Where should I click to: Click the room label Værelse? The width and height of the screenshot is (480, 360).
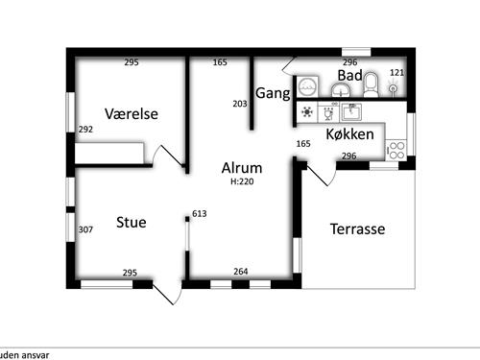[132, 114]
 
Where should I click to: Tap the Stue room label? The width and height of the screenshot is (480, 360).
[132, 223]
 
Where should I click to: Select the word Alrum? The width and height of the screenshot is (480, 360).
[241, 167]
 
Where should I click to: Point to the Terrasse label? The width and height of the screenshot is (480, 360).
[357, 229]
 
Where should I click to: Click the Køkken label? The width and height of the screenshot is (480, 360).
[349, 134]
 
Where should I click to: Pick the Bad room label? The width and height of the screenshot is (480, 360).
[349, 75]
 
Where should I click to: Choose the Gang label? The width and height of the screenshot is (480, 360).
[274, 93]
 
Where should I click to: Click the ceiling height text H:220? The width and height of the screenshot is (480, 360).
[241, 180]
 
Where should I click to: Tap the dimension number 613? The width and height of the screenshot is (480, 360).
[200, 214]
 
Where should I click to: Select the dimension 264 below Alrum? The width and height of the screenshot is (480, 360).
[241, 272]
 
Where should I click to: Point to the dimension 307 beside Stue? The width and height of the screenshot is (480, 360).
[85, 229]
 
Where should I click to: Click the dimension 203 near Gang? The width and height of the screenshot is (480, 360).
[240, 104]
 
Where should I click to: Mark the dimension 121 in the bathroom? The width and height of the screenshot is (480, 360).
[397, 73]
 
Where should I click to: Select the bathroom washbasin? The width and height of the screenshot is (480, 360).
[340, 89]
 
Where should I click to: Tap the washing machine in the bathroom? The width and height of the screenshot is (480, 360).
[308, 85]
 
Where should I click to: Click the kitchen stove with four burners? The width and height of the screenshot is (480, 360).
[396, 149]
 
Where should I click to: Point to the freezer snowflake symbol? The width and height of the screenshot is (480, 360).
[307, 111]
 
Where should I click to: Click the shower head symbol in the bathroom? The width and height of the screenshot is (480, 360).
[394, 89]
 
